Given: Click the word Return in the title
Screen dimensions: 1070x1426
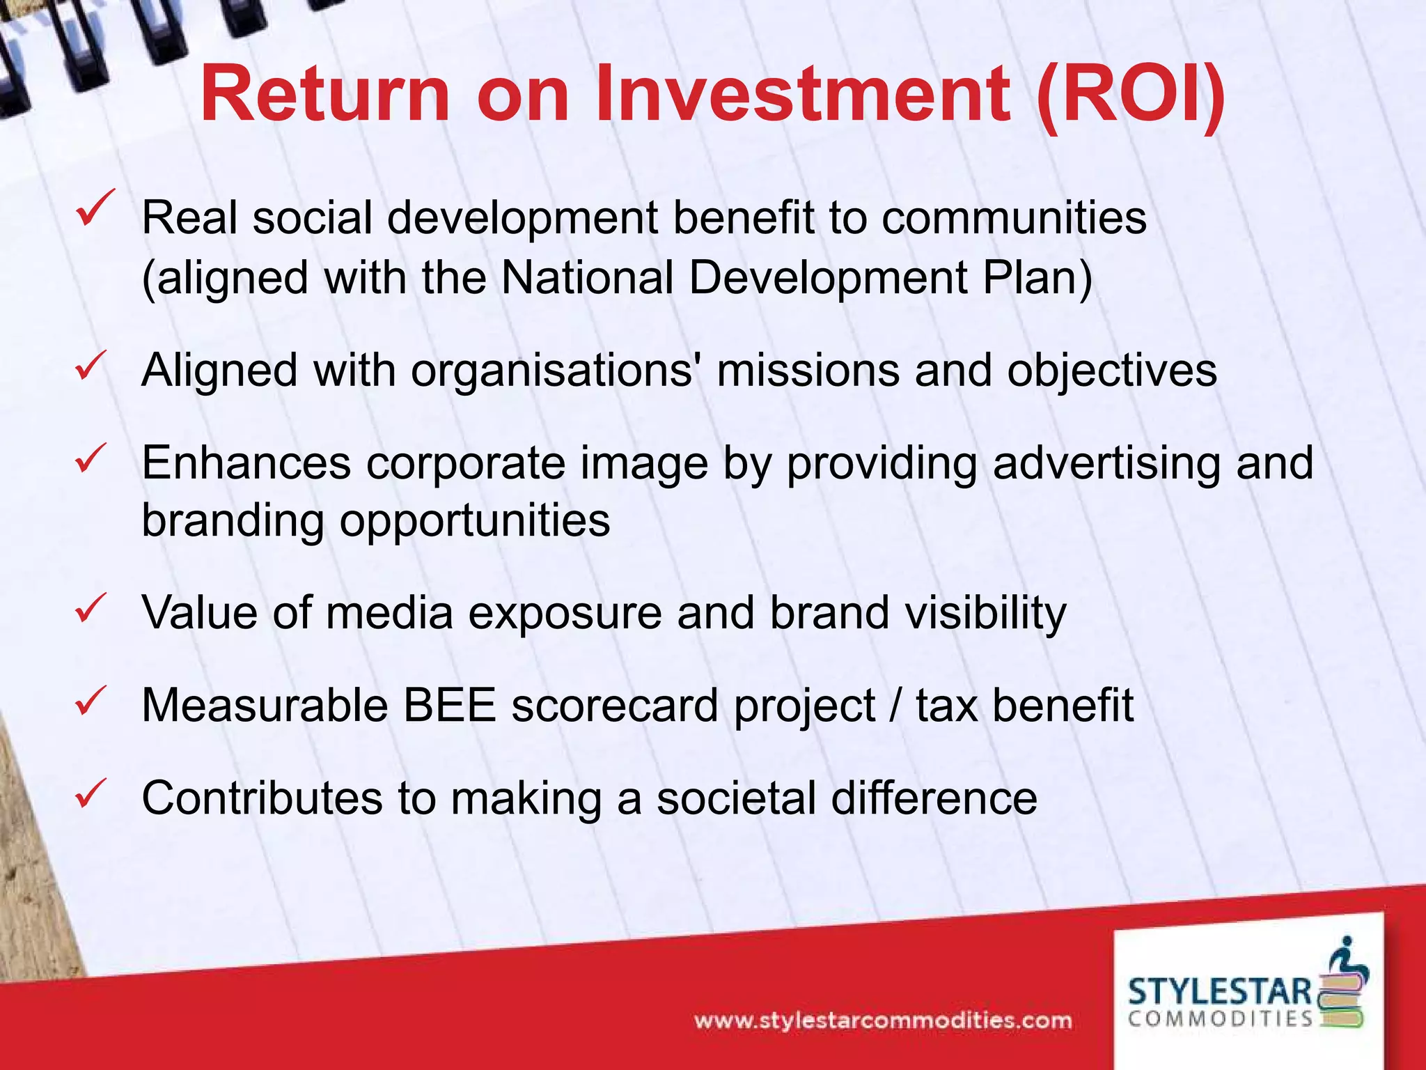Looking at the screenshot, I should (x=324, y=94).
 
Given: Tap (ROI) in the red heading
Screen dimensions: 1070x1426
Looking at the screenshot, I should (x=1131, y=94).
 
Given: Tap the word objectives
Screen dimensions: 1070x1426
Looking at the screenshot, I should (x=1112, y=370).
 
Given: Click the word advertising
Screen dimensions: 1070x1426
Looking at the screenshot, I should (x=1106, y=463).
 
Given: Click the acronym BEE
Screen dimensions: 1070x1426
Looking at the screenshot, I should (x=450, y=705).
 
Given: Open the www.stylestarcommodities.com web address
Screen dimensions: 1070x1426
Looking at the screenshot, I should (x=883, y=1021).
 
